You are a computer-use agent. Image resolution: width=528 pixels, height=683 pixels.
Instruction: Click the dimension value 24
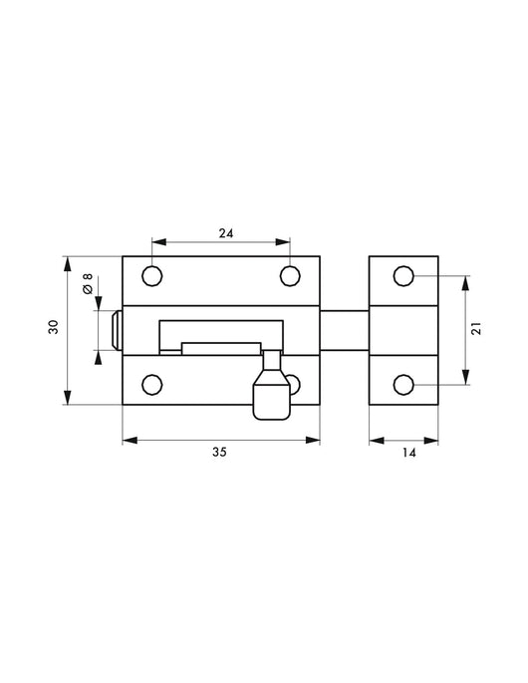[225, 233]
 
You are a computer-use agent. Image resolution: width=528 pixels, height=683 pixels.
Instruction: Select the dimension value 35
[219, 452]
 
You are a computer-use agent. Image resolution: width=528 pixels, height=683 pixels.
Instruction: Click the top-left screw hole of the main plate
[152, 275]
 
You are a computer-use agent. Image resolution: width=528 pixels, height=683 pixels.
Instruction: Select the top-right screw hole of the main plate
[289, 275]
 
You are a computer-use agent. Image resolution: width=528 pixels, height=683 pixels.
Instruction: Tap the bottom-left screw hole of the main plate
[152, 385]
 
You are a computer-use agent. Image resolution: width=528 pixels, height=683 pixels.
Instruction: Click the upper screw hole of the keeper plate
[404, 275]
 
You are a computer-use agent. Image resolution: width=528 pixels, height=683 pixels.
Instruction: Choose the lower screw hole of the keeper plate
[404, 385]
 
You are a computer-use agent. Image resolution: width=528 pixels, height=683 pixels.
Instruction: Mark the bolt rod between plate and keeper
[345, 330]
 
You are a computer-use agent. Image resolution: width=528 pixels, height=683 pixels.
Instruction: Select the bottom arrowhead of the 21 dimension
[465, 379]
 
